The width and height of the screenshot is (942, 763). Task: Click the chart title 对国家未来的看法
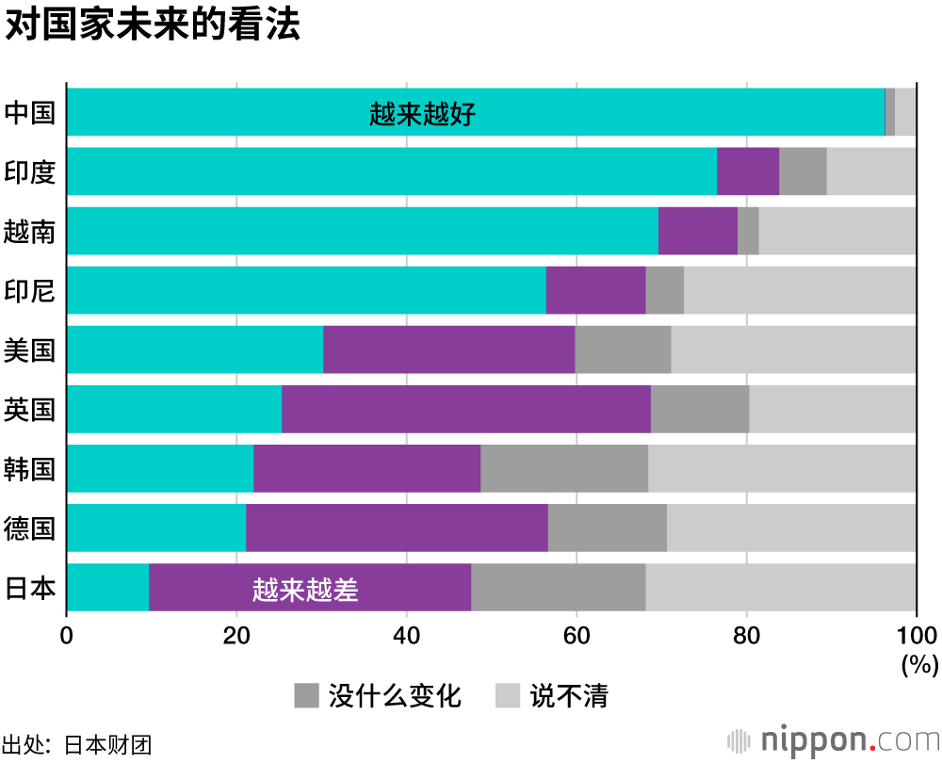153,25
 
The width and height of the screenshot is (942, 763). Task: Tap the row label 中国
30,112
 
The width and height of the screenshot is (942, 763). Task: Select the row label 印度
30,171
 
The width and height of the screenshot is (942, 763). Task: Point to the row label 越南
30,231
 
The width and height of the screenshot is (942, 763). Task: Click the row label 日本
30,588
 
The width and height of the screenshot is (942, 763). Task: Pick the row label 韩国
30,469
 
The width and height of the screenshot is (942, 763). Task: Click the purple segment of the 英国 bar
465,409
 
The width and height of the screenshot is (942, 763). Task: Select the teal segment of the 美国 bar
195,349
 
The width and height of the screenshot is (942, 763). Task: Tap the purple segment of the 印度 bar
748,171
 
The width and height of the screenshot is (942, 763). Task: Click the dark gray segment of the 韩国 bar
564,468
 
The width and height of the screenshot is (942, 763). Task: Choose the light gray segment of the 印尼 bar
800,290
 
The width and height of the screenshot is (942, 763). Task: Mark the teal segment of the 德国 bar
156,528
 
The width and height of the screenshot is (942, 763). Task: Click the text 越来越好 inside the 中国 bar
423,115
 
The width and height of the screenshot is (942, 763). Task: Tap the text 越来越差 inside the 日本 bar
306,590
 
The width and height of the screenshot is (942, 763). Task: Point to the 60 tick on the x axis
576,635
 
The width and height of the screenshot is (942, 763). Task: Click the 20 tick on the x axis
236,635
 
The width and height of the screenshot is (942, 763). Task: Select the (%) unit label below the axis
919,664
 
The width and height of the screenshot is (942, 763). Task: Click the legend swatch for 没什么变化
308,696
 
